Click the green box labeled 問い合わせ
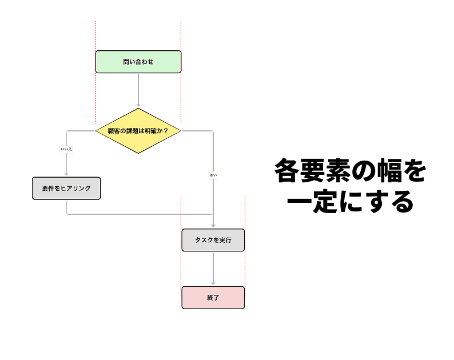(138, 62)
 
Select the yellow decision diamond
(138, 131)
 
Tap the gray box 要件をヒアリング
(66, 188)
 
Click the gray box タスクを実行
(213, 240)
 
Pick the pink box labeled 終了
(213, 297)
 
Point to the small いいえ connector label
(66, 149)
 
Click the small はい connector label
(213, 175)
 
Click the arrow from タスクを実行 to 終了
(213, 269)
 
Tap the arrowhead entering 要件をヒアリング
(66, 174)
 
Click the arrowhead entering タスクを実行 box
(213, 226)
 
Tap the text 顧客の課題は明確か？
(138, 131)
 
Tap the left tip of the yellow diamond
(96, 131)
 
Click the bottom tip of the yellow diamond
(138, 153)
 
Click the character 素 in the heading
(334, 171)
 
